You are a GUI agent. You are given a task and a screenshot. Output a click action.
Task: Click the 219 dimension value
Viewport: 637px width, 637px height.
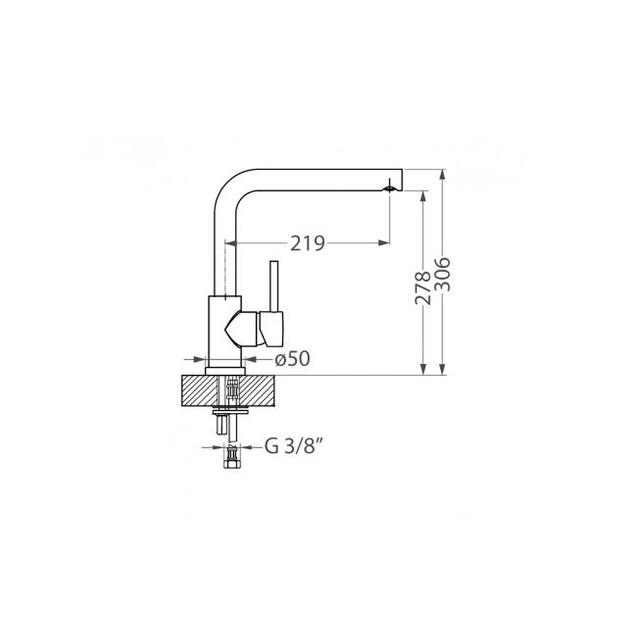(308, 243)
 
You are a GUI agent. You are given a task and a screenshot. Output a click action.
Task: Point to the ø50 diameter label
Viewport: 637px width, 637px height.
(292, 359)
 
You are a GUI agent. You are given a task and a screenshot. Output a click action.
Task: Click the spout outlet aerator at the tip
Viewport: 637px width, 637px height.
(390, 189)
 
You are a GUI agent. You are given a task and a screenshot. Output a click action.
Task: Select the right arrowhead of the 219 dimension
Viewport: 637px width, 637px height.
(383, 243)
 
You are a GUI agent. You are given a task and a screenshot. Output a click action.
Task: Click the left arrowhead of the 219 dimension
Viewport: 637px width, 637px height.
(231, 243)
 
